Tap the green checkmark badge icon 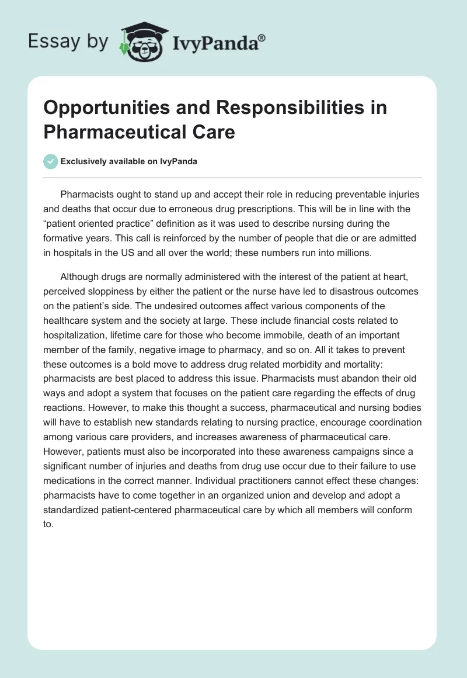tap(51, 161)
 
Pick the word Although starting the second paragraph tap(81, 278)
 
